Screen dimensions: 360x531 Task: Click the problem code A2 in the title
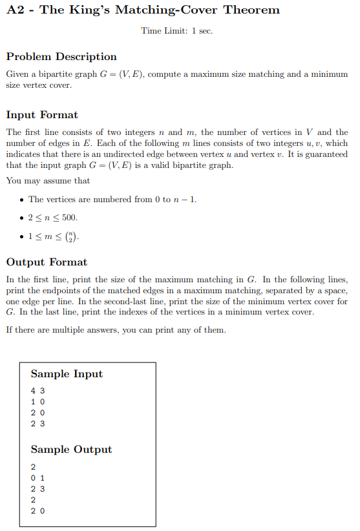17,10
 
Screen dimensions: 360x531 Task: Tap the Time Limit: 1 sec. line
176,31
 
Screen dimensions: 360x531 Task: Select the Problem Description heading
61,57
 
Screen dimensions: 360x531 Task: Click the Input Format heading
42,115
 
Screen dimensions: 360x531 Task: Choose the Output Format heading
47,262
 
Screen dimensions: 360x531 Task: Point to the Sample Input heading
67,374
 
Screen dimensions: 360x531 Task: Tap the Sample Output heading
71,450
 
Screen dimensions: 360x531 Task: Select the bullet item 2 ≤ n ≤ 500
53,218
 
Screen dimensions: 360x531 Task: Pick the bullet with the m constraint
55,236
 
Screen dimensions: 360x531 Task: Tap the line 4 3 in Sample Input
37,391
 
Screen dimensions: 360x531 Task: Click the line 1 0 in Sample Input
37,402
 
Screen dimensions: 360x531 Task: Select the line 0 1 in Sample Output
37,477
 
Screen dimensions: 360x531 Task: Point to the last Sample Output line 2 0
37,511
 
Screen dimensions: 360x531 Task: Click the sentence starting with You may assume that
48,181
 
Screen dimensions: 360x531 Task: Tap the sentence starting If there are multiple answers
116,330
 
